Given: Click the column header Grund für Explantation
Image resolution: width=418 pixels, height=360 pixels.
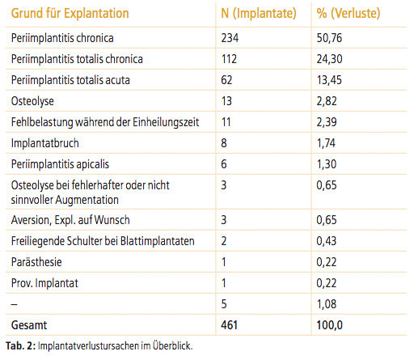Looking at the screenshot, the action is (x=70, y=14).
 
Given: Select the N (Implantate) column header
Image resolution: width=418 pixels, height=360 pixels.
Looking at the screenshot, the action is (x=259, y=14).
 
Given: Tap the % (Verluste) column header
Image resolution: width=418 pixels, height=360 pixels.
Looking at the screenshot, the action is (x=348, y=14).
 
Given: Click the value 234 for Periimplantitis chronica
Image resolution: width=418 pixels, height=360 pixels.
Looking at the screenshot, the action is (x=230, y=38).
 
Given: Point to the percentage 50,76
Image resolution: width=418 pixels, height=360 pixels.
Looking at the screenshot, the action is (x=329, y=38).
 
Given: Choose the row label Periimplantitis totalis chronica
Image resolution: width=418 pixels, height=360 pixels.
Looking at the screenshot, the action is (x=77, y=59).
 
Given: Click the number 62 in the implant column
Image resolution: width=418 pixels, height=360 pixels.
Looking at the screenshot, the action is (x=226, y=80).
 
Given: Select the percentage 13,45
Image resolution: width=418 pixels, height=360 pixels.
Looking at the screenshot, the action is (x=329, y=80).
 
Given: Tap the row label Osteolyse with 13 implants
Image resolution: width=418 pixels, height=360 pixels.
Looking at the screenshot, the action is (x=32, y=101).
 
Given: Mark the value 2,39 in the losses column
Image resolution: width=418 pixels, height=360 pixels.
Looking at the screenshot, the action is (x=327, y=122).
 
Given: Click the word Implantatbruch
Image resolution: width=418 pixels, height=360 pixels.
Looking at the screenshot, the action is (x=44, y=143).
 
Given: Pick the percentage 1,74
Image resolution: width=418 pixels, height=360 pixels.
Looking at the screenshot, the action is (x=326, y=143).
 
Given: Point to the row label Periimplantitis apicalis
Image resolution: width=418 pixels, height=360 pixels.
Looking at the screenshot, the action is (x=60, y=164).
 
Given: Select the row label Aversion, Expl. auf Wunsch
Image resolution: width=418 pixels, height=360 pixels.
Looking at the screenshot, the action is (x=70, y=220).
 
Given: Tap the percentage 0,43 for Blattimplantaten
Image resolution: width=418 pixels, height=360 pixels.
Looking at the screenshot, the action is (x=327, y=241).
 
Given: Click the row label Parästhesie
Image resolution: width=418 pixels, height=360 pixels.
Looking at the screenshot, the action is (x=36, y=262).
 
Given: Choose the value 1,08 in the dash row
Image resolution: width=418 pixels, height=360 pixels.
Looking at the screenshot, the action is (x=327, y=304).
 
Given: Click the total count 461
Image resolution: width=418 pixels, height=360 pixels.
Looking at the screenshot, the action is (x=229, y=325).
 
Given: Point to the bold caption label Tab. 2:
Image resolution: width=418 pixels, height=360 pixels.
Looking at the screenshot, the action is (x=20, y=346).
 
